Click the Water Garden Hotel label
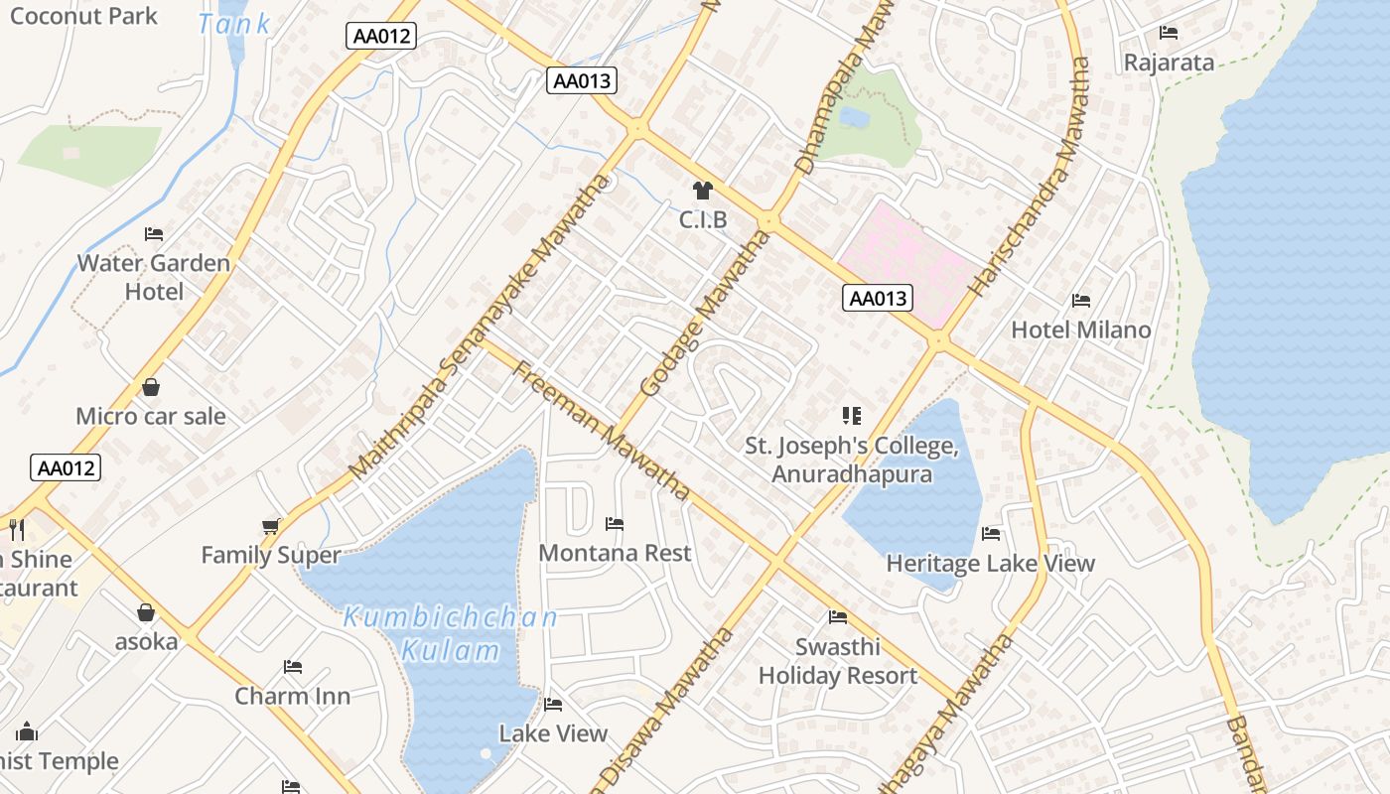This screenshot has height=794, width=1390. click(154, 277)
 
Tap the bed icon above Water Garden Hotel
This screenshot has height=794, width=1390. click(154, 234)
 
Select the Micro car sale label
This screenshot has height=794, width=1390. click(151, 416)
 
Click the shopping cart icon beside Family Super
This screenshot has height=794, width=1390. click(271, 526)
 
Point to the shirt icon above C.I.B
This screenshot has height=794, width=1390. click(703, 191)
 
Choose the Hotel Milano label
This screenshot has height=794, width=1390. click(1081, 330)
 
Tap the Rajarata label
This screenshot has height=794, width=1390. click(1169, 63)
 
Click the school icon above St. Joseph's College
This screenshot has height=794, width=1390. click(852, 416)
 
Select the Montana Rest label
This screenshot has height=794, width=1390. click(615, 553)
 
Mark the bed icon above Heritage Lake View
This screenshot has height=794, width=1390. click(991, 534)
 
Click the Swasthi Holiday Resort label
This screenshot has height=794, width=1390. click(838, 661)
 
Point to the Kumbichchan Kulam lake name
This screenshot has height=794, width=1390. click(451, 634)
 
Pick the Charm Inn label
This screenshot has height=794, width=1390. click(293, 696)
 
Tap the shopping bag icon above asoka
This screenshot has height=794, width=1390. click(146, 612)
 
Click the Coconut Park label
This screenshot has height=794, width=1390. click(83, 16)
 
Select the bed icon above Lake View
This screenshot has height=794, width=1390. click(553, 705)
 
